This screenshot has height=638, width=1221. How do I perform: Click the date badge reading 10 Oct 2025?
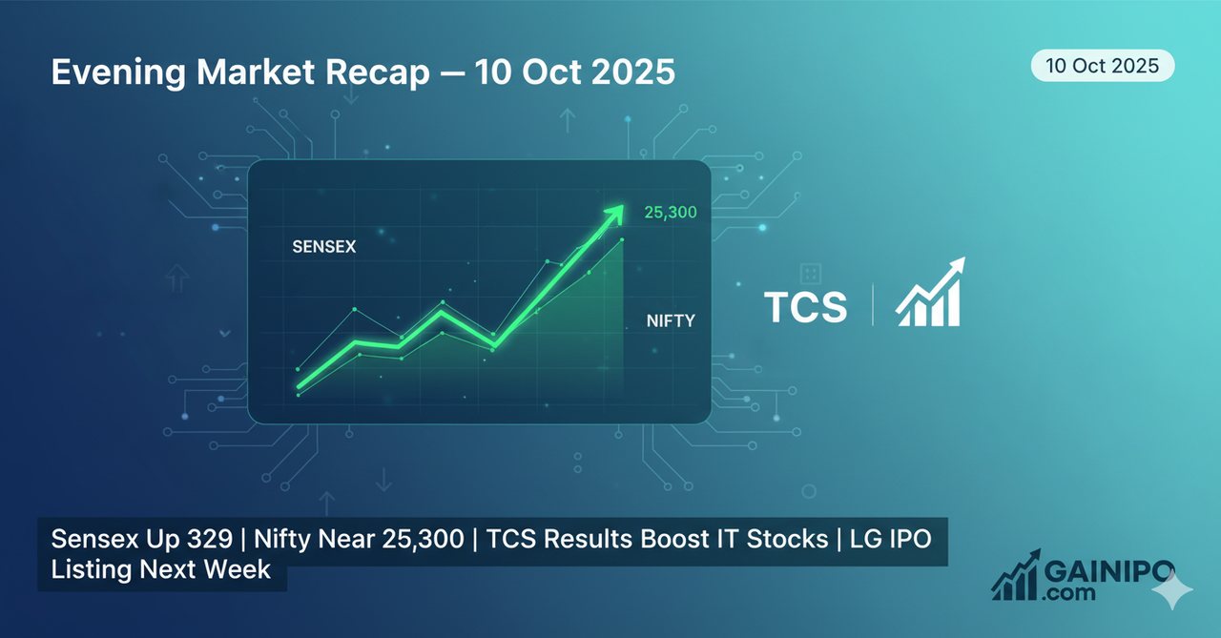(x=1102, y=66)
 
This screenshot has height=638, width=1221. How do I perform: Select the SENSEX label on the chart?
(x=323, y=247)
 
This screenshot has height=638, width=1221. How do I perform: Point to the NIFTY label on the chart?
(x=671, y=321)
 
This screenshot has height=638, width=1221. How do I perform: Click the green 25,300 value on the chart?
(x=670, y=213)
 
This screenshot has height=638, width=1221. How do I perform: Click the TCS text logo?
(x=805, y=307)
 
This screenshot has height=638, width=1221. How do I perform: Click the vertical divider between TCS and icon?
(x=872, y=305)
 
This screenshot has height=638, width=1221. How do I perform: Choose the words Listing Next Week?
(x=161, y=570)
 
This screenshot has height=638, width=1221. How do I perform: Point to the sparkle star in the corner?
(x=1172, y=592)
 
